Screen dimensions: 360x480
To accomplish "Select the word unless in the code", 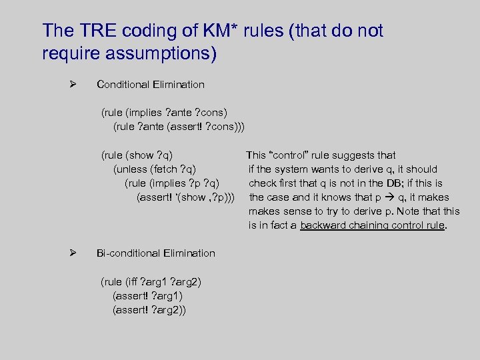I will (133, 169).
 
